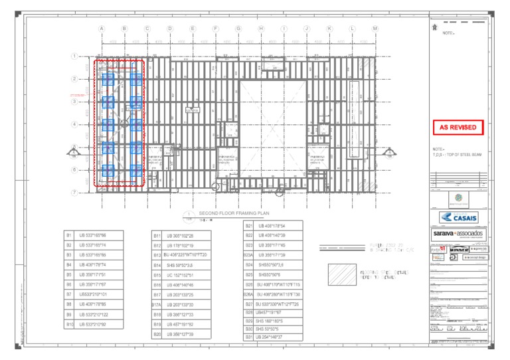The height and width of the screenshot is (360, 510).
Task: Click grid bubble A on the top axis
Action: pyautogui.click(x=102, y=29)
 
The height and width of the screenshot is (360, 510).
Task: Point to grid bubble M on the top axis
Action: pyautogui.click(x=375, y=29)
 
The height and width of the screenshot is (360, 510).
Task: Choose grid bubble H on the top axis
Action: pyautogui.click(x=261, y=29)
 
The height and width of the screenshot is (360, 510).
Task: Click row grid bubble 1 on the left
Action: pyautogui.click(x=74, y=56)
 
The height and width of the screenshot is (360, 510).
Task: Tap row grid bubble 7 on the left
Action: pyautogui.click(x=74, y=193)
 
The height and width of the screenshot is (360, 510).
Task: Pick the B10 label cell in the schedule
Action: pyautogui.click(x=68, y=324)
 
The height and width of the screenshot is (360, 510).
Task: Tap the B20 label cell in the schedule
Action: pyautogui.click(x=157, y=334)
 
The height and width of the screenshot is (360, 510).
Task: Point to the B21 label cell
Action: pyautogui.click(x=249, y=225)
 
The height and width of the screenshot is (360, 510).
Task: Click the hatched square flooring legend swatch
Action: pyautogui.click(x=343, y=274)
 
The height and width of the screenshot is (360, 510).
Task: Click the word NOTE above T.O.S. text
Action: pyautogui.click(x=438, y=149)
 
